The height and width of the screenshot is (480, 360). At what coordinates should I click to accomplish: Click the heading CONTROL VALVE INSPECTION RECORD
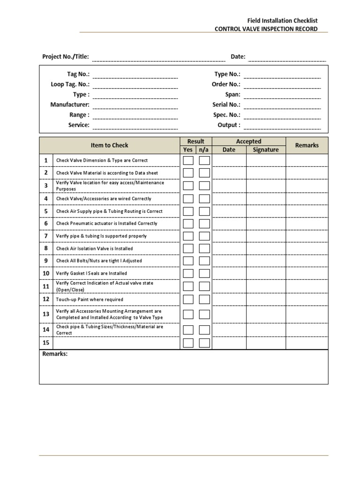coord(266,29)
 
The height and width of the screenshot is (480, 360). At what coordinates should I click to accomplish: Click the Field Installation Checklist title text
coord(282,20)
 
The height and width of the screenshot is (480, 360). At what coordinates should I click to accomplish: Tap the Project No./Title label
coord(65,57)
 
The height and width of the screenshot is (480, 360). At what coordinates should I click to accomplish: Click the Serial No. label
coord(226,105)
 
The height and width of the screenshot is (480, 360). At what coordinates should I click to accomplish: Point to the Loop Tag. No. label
coord(70,84)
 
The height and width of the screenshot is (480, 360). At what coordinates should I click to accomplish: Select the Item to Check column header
coord(109,145)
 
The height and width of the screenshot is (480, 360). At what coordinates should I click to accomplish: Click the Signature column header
coord(265,150)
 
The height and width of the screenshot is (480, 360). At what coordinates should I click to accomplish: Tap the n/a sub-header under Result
coord(203,150)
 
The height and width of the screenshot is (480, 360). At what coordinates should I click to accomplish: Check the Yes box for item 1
coord(188,161)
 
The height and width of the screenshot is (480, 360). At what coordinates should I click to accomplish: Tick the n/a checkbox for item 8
coord(204,248)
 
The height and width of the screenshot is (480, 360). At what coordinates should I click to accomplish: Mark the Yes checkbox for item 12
coord(188,299)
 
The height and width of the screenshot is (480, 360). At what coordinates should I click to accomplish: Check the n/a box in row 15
coord(204,343)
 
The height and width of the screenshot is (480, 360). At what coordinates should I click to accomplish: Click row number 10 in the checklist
coord(46,273)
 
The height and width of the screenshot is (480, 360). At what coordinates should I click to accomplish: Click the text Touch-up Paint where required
coord(90,300)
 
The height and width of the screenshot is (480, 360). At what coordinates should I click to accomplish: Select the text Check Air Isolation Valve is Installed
coord(94,248)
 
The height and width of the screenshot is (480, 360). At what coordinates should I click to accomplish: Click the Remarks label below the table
coord(55,354)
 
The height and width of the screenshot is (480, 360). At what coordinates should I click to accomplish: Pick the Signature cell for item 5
coord(265,211)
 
